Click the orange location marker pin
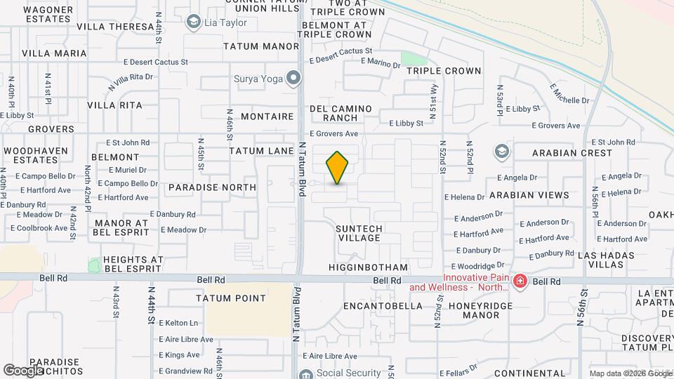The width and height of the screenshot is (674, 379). point(338,168)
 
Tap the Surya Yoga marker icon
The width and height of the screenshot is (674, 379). point(294,79)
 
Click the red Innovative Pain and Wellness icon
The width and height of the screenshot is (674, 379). point(520,282)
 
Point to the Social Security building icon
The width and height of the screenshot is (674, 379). point(305,374)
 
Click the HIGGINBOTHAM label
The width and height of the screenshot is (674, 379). point(368,267)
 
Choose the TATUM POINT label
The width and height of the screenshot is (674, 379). point(231,298)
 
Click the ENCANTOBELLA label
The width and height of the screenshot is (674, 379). point(383,306)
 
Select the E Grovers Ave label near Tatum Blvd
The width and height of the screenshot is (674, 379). point(333,133)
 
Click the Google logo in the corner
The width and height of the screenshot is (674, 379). point(23,370)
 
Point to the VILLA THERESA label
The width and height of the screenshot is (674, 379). point(114,27)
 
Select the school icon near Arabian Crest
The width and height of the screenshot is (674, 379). point(502,151)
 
